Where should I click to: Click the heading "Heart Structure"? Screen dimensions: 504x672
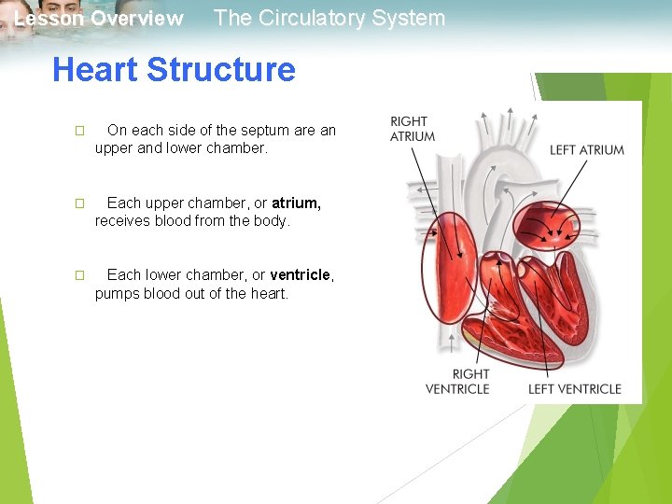pyautogui.click(x=174, y=70)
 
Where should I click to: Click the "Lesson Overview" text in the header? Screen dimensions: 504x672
pyautogui.click(x=99, y=19)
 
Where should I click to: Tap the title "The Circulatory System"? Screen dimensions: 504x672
pyautogui.click(x=329, y=18)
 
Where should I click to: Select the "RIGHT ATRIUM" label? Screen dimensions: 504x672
pyautogui.click(x=413, y=129)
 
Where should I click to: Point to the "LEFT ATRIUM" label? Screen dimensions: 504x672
pyautogui.click(x=587, y=149)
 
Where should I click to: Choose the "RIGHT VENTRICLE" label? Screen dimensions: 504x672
pyautogui.click(x=457, y=381)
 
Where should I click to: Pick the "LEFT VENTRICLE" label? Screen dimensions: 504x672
pyautogui.click(x=575, y=388)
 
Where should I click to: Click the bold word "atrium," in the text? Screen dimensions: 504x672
pyautogui.click(x=297, y=203)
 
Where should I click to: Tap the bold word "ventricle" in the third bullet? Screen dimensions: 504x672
pyautogui.click(x=300, y=274)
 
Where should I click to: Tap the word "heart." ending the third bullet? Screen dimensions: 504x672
pyautogui.click(x=268, y=293)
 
